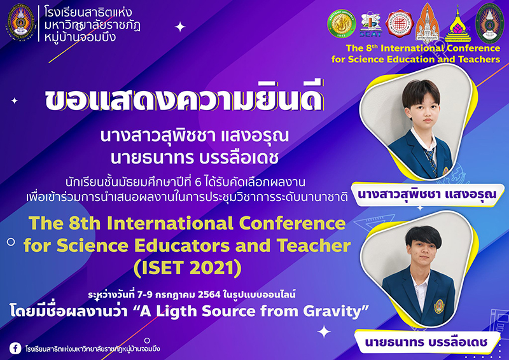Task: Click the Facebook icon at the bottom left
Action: coord(15,349)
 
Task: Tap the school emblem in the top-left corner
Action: coord(20,22)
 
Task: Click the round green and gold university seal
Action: coord(342,24)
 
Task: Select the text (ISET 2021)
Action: coord(188,268)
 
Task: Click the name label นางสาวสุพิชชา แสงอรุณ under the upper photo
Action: coord(427,195)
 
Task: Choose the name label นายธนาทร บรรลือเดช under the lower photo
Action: coord(426,342)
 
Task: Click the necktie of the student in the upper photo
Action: coord(431,160)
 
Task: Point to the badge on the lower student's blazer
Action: coord(439,306)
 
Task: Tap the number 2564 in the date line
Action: coord(209,294)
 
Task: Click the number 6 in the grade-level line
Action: coord(199,183)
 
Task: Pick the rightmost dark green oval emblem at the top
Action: coord(490,24)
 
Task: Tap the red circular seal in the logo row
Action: coord(400,24)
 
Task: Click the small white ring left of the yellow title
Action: coord(11,242)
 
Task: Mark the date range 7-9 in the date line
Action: coord(144,294)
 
